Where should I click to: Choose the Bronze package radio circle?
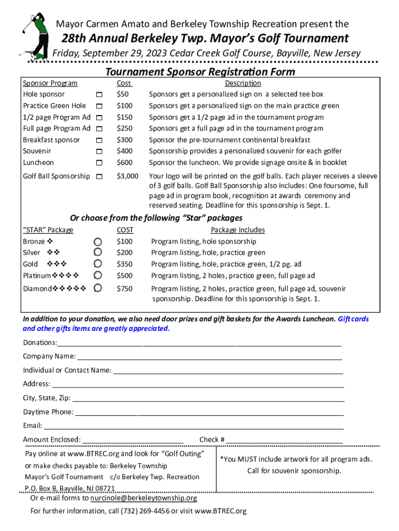tap(97, 242)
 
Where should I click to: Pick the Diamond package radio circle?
tap(97, 288)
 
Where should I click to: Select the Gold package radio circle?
tap(97, 264)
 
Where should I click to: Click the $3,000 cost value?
tap(127, 176)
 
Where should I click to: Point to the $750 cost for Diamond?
tap(124, 289)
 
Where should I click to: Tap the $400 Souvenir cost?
tap(124, 151)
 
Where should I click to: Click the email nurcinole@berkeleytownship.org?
tap(144, 498)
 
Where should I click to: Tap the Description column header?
tap(243, 83)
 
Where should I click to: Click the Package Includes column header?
tap(237, 230)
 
